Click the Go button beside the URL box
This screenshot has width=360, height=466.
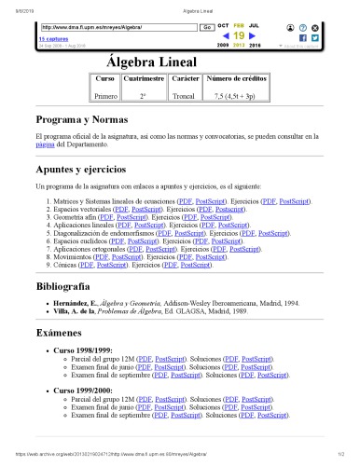(206, 28)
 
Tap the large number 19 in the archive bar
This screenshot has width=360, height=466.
(238, 35)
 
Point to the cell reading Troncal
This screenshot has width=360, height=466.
(184, 95)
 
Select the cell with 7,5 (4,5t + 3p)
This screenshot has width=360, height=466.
(235, 95)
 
